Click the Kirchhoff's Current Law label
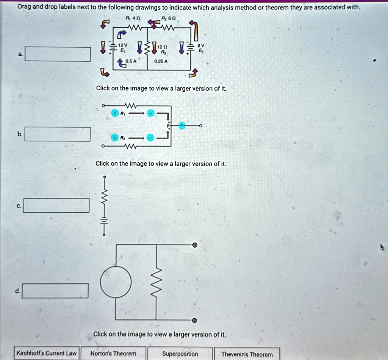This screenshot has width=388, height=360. pos(47,354)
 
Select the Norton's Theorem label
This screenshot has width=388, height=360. pos(113,354)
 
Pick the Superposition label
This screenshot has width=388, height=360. pos(180,354)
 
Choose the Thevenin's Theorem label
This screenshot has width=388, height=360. pos(247,354)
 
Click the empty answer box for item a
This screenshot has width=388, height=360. pos(58,54)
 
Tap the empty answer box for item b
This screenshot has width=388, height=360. pos(58,134)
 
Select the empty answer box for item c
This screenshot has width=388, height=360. pos(57,205)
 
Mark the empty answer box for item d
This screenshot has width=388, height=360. pos(55,291)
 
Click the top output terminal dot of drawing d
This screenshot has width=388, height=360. pos(195,245)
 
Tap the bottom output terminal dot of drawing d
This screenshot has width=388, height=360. pos(195,321)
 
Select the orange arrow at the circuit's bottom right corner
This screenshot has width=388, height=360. pos(193,73)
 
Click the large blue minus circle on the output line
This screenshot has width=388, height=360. pos(182,125)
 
